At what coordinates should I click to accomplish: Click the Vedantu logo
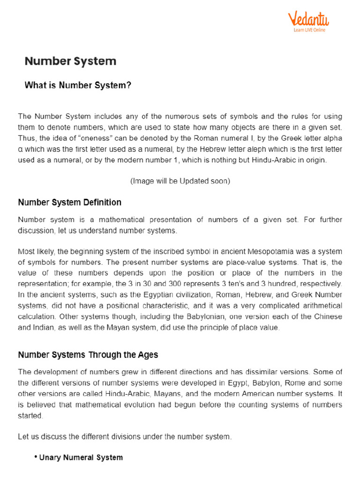click(x=308, y=19)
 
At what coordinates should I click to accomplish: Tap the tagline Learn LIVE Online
click(x=309, y=30)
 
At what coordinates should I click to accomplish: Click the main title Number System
click(x=70, y=61)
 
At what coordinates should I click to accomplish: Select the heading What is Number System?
click(x=78, y=85)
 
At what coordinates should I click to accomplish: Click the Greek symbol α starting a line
click(x=20, y=149)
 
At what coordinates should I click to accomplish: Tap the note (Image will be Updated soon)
click(x=180, y=181)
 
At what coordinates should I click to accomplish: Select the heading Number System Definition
click(x=69, y=202)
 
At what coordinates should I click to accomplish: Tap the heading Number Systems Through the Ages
click(x=88, y=355)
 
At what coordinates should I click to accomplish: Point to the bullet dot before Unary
click(x=36, y=457)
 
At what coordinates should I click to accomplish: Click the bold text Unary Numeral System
click(x=81, y=457)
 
